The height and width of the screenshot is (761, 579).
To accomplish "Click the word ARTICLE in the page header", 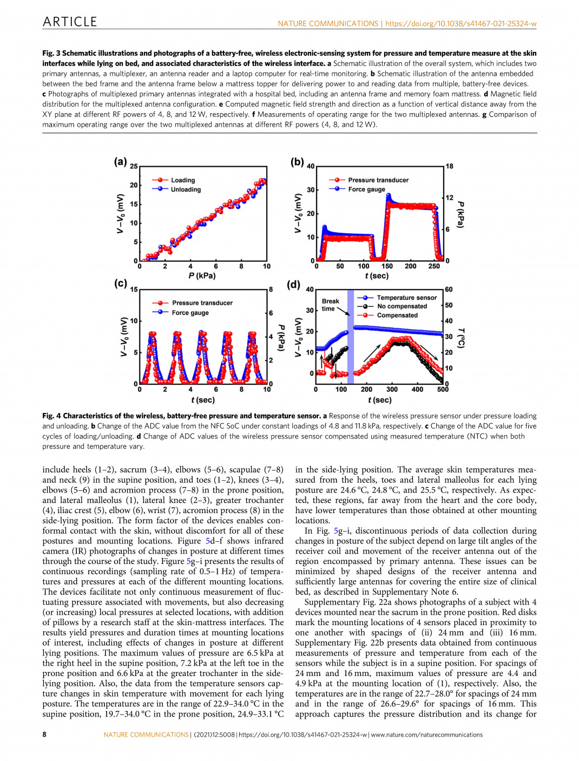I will [70, 22].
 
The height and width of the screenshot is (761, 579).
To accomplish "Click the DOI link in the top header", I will [460, 24].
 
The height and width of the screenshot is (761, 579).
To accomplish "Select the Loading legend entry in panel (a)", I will [183, 180].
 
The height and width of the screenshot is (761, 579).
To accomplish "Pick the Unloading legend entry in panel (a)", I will [186, 189].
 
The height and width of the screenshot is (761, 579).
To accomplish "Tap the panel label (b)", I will [297, 161].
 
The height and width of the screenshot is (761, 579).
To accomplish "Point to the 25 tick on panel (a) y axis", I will [134, 166].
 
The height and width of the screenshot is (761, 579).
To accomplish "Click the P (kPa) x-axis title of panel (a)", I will [202, 276].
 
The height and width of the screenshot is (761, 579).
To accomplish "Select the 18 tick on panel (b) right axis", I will [449, 166].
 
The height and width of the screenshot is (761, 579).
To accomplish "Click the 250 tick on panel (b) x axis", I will [434, 266].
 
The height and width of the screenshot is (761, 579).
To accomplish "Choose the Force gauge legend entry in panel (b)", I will [366, 189].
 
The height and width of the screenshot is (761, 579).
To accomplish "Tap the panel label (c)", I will [120, 284].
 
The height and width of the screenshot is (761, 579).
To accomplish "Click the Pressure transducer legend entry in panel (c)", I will [202, 303].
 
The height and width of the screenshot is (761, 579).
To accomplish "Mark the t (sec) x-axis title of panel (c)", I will [203, 400].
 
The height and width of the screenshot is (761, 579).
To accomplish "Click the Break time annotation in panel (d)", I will [330, 305].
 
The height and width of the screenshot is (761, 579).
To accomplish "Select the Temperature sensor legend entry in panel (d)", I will [406, 298].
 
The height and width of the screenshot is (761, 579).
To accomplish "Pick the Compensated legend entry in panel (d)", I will [397, 315].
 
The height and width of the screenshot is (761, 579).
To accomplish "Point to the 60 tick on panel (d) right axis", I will [449, 290].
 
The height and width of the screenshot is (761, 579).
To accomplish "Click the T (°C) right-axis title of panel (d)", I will [462, 338].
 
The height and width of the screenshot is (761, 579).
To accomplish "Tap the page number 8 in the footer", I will [44, 734].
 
